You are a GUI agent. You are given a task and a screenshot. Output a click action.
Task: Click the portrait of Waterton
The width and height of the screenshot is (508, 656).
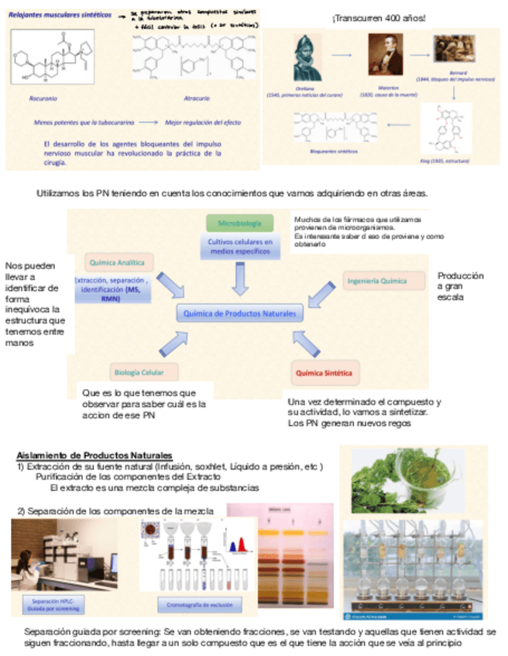(385, 54)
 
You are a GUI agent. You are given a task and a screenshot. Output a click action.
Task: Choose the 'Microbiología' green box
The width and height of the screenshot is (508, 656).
(240, 224)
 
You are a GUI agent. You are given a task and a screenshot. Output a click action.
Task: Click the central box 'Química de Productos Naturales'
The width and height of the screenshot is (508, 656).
(239, 313)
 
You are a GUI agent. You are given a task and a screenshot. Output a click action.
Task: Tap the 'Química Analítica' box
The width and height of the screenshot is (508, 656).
(121, 262)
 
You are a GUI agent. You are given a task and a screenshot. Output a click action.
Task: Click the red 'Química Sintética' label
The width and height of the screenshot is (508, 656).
(324, 373)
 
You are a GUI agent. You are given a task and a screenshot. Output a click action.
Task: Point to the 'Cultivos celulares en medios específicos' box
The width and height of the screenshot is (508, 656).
(240, 247)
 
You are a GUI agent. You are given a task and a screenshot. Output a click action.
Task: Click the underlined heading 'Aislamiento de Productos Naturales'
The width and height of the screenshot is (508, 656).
(94, 456)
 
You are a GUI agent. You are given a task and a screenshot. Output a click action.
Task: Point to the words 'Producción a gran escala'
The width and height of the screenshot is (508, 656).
(460, 286)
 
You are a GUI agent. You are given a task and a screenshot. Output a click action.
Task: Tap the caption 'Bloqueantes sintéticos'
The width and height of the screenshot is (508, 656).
(333, 152)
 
